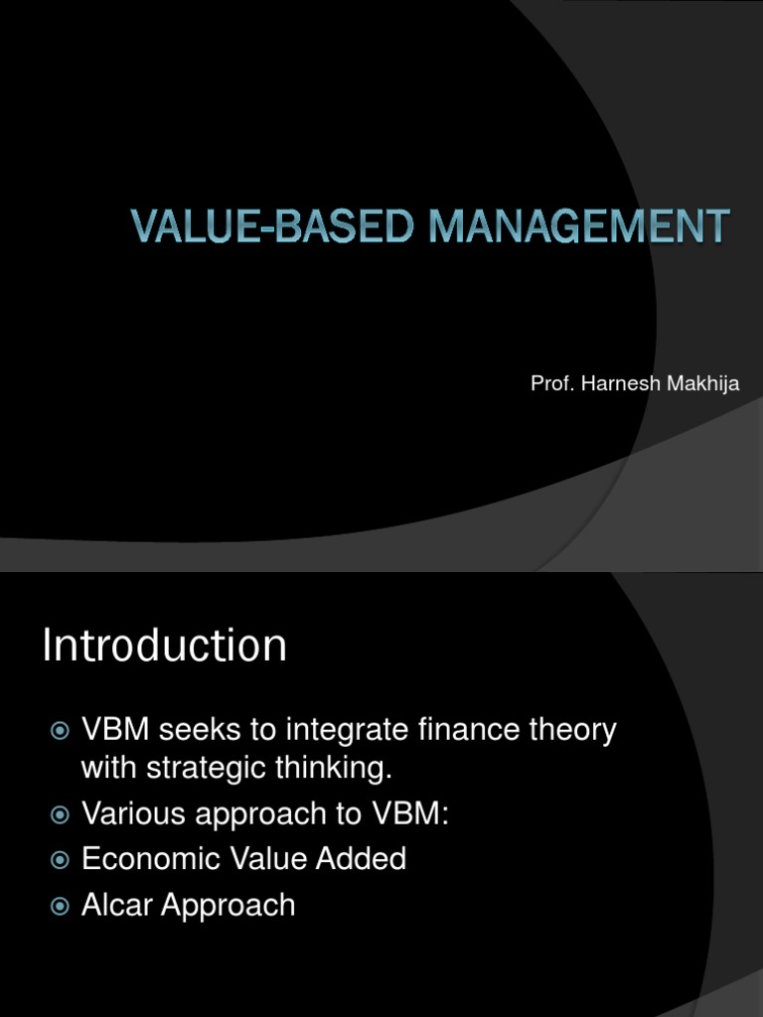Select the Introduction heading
click(164, 647)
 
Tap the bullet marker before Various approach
click(60, 815)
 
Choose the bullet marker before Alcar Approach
click(60, 906)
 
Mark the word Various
click(134, 814)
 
